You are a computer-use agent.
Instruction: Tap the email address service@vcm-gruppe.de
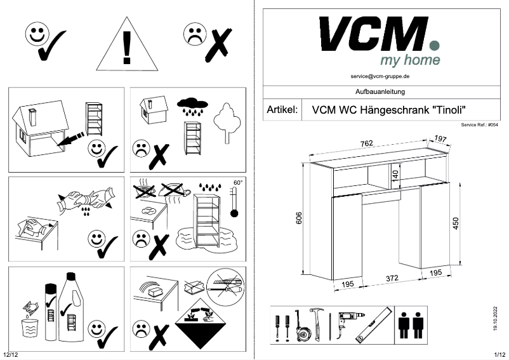coord(380,76)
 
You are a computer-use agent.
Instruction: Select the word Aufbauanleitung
coord(380,92)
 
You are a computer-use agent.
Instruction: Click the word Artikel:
coord(282,110)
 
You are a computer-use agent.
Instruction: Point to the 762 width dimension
coord(366,143)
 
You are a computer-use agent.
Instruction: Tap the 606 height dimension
coord(298,218)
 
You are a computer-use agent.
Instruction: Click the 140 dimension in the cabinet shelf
coord(394,174)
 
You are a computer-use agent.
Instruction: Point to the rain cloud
coord(191,103)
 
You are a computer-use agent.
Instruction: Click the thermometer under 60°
coord(235,203)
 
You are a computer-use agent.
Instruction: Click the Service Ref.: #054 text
coord(479,126)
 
